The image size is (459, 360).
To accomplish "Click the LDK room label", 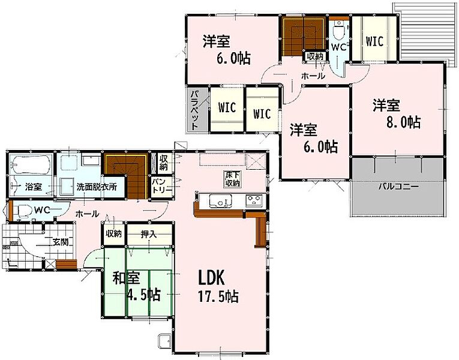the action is click(x=212, y=278).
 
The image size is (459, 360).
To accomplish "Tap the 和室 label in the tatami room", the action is click(x=126, y=278).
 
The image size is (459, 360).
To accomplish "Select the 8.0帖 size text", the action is click(x=404, y=122).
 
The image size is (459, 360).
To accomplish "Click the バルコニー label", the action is click(x=398, y=187).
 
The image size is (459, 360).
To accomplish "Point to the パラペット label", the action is click(x=195, y=110).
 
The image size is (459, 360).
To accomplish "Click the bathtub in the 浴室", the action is click(x=31, y=165).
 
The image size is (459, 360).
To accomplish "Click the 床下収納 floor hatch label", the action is click(x=232, y=179).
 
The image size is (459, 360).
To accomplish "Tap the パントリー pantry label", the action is click(x=162, y=185).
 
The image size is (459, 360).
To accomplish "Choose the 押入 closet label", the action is click(x=149, y=234).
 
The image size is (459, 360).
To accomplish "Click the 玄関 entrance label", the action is click(x=61, y=242).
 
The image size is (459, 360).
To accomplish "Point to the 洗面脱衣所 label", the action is click(x=97, y=187).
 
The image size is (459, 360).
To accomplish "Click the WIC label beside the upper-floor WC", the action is click(x=374, y=41).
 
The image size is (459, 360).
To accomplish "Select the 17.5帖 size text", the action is click(x=218, y=297).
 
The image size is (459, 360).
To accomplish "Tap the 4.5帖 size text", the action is click(x=143, y=295).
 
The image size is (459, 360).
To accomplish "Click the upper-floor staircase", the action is click(x=303, y=36).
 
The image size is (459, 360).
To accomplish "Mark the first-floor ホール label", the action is click(x=87, y=214).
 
